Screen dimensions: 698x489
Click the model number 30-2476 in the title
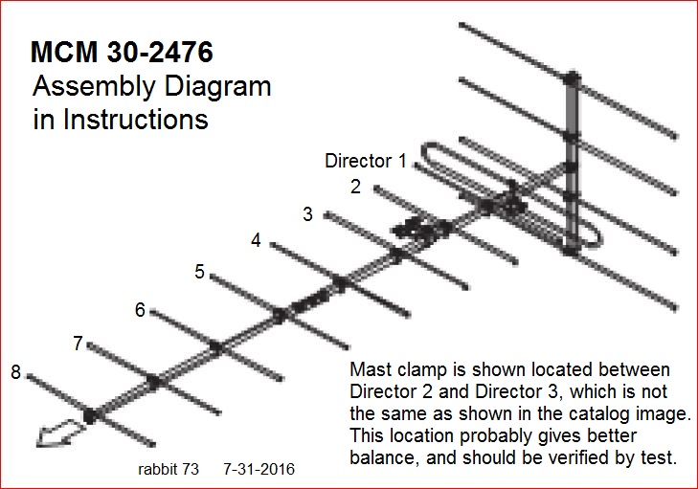point(160,52)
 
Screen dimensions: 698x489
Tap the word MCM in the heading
point(64,52)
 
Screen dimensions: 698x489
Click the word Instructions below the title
point(136,120)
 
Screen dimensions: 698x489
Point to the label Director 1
point(366,161)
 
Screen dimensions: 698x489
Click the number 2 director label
point(355,187)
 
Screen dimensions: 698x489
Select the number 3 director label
point(307,214)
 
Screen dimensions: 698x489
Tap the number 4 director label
point(256,240)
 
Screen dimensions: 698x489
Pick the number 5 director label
point(199,272)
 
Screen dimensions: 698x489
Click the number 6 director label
point(140,310)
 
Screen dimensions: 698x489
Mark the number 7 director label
point(78,344)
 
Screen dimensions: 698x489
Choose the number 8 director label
point(15,372)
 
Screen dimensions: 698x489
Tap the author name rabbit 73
point(169,469)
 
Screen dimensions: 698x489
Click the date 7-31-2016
point(259,469)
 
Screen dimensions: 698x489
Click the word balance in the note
point(384,457)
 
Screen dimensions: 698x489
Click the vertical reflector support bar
point(572,164)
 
